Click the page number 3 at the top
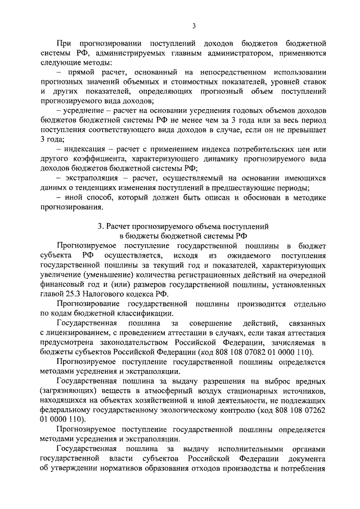[x=193, y=25]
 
